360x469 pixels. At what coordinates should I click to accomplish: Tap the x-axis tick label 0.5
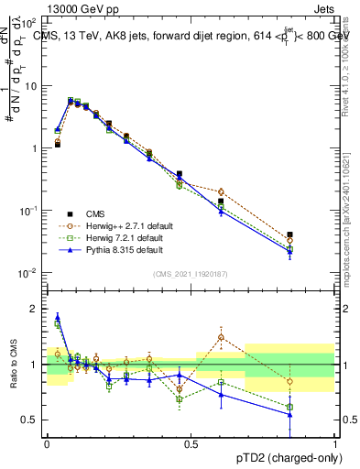coord(191,442)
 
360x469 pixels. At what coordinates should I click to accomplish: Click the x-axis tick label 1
coord(334,442)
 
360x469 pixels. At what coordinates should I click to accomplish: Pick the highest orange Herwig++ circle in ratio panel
coord(221,337)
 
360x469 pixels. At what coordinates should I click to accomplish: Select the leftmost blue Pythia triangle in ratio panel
coord(58,317)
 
